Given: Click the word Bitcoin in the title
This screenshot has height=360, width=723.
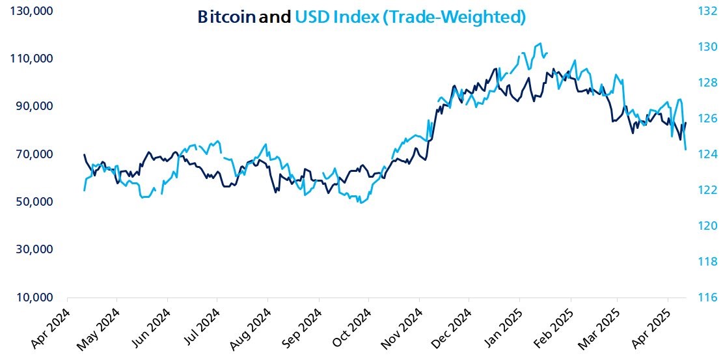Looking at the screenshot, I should [226, 17].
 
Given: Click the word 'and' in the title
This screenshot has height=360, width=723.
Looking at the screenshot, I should [275, 17].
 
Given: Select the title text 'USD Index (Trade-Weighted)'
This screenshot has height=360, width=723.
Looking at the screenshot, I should [409, 17].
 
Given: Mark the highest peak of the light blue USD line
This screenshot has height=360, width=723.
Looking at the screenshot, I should [539, 44].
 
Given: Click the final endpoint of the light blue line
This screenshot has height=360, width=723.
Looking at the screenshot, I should [687, 150].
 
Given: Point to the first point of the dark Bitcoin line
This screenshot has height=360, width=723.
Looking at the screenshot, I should [85, 155].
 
